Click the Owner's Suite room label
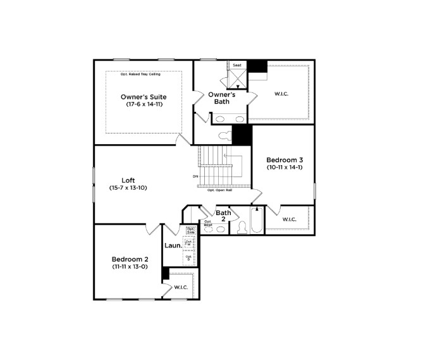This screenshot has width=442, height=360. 144,97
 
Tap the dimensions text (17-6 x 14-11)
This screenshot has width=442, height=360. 144,104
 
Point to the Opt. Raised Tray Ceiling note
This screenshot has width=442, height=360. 140,75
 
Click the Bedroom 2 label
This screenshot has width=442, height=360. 130,259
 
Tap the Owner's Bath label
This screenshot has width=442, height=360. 221,98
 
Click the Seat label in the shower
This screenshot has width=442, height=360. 237,65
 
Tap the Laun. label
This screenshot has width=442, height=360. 173,245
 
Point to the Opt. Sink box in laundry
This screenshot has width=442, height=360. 190,231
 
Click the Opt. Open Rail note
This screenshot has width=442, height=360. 218,189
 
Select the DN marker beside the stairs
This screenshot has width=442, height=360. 195,177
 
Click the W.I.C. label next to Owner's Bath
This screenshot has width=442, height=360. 281,94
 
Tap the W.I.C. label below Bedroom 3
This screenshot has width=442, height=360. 289,220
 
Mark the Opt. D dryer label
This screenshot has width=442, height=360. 188,258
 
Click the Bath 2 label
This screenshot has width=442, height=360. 223,216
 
